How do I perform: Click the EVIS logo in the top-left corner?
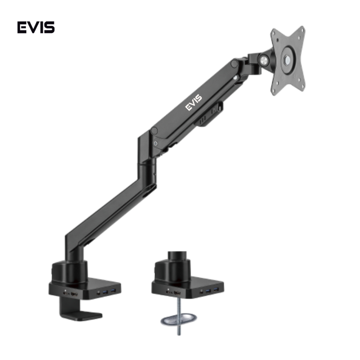[x=36, y=27]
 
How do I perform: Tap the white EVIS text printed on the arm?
[x=194, y=103]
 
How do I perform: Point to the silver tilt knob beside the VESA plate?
[x=263, y=60]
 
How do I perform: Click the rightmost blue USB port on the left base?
[x=112, y=291]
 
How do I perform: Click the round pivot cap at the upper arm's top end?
[x=234, y=64]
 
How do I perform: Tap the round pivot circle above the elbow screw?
[x=154, y=131]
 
